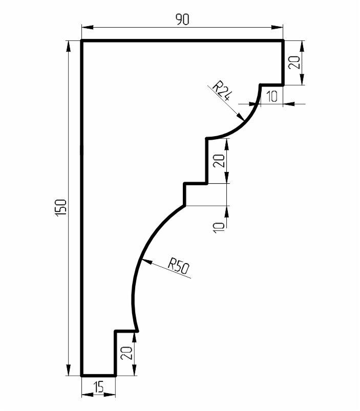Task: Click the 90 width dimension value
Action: pos(182,19)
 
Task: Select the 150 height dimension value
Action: pos(61,208)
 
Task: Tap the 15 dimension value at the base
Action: pos(99,386)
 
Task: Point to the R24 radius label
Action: pos(222,91)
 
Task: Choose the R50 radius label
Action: pos(179,266)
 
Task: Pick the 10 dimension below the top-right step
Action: pos(271,96)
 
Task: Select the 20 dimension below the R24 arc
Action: pos(219,161)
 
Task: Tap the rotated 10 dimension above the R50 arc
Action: pos(219,228)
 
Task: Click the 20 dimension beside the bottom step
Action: pos(126,353)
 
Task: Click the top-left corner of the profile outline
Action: pos(82,41)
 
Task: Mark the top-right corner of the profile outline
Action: pos(283,41)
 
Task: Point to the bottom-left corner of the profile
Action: pos(82,375)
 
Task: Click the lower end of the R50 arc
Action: pos(137,331)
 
